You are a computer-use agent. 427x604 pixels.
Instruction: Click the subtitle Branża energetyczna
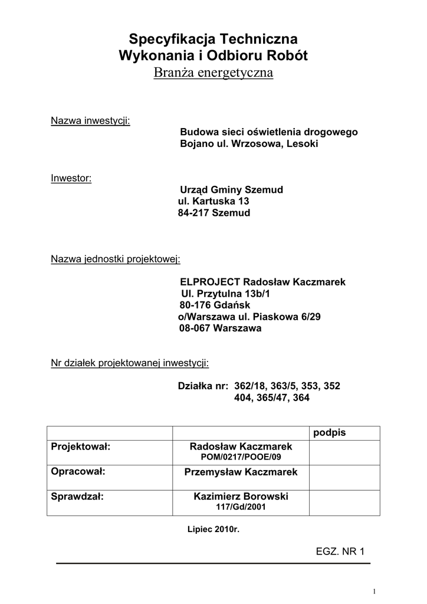click(x=213, y=73)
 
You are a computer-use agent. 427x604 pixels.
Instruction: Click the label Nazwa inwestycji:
click(x=90, y=121)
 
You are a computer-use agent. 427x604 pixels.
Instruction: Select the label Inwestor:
click(x=71, y=178)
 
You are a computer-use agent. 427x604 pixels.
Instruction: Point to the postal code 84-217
click(x=193, y=213)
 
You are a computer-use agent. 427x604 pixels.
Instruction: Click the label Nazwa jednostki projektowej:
click(x=116, y=259)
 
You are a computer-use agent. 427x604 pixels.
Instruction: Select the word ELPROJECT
click(x=210, y=282)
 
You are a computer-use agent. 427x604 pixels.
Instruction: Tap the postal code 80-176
click(x=194, y=305)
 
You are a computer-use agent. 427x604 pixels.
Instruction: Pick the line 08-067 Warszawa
click(x=220, y=329)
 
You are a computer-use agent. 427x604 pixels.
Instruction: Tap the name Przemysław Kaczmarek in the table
click(x=241, y=472)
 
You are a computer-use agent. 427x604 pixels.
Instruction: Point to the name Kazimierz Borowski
click(x=241, y=497)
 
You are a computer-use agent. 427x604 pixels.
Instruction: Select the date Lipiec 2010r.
click(x=213, y=529)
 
